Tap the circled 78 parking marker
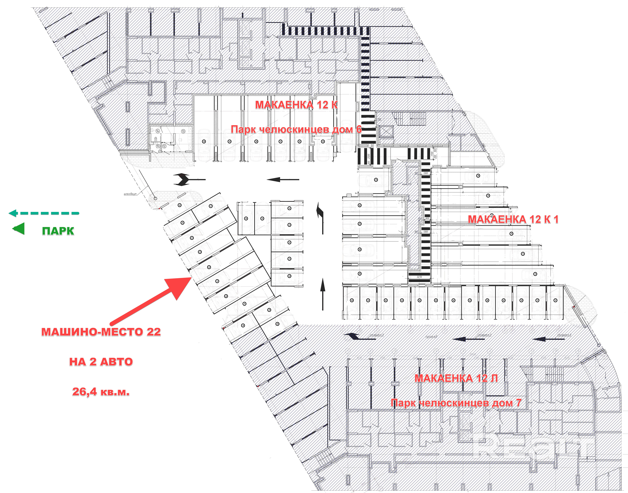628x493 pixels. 478,175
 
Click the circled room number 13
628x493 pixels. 183,131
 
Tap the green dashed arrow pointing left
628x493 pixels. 43,213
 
